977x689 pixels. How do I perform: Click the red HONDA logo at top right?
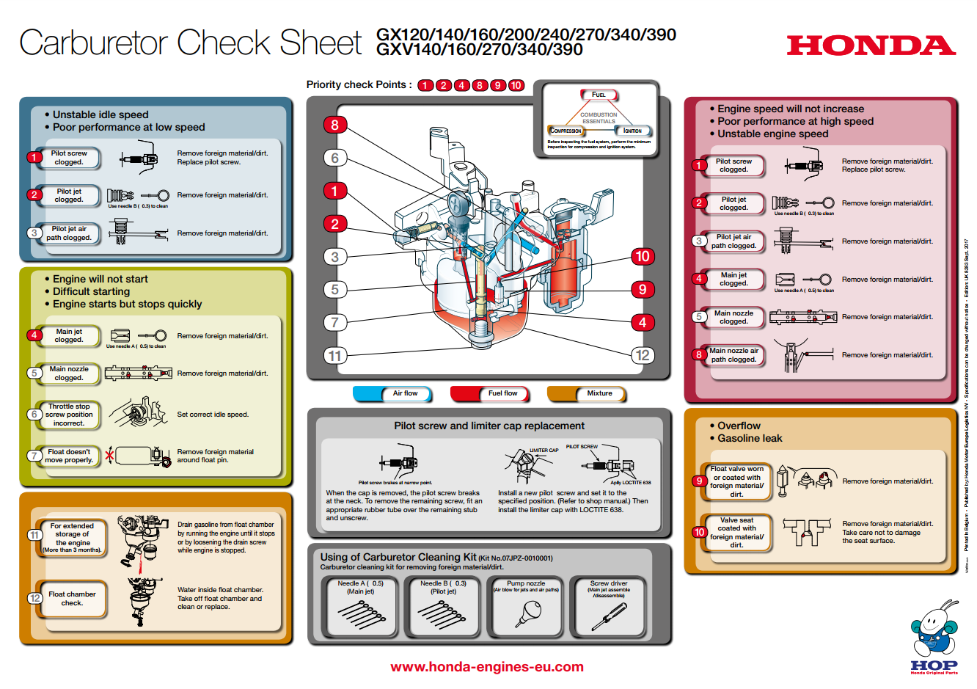(x=871, y=45)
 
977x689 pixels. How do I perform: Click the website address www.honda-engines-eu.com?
(x=487, y=667)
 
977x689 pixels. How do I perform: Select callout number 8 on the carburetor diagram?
(x=334, y=125)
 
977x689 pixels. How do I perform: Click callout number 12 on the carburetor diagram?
(x=643, y=355)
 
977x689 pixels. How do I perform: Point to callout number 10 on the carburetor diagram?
(x=643, y=256)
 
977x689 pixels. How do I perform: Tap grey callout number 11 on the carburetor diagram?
(x=334, y=356)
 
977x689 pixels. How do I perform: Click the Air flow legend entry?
(x=392, y=393)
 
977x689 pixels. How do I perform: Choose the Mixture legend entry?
(x=587, y=393)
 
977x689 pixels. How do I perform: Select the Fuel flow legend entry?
(x=490, y=393)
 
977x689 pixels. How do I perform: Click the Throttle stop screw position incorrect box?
(x=69, y=415)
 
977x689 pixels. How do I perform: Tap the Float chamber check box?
(x=72, y=599)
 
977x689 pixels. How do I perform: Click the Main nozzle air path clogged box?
(x=733, y=355)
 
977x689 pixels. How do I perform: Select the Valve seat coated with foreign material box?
(x=736, y=533)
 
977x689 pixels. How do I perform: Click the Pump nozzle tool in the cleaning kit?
(x=526, y=606)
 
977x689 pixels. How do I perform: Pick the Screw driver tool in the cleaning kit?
(x=609, y=606)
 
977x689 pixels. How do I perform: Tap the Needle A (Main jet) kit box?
(x=360, y=606)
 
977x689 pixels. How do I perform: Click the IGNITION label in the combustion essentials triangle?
(x=632, y=131)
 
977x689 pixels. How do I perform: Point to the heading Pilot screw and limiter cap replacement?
(x=489, y=426)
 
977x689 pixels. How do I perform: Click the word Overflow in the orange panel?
(x=739, y=426)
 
